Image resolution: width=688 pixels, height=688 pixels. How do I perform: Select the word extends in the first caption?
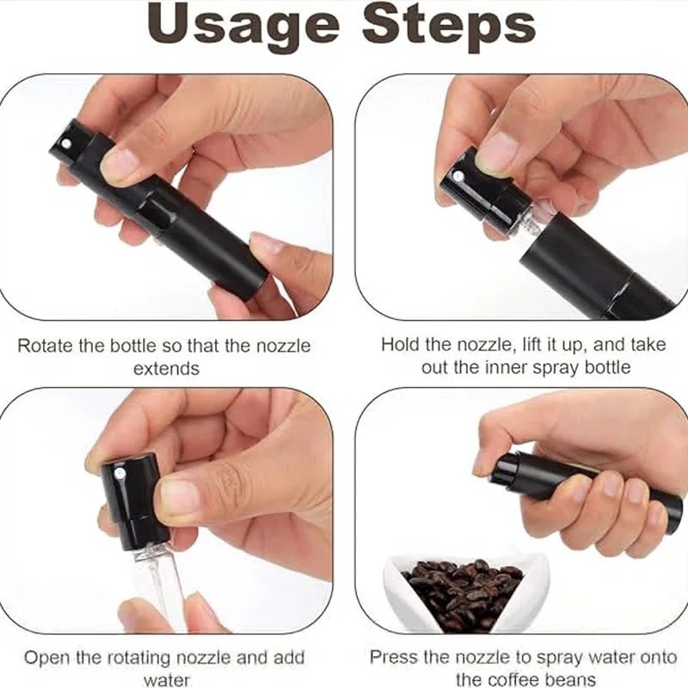[x=166, y=369]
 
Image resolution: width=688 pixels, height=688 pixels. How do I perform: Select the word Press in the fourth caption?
[x=393, y=657]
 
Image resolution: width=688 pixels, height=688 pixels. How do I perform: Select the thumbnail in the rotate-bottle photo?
[x=120, y=163]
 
